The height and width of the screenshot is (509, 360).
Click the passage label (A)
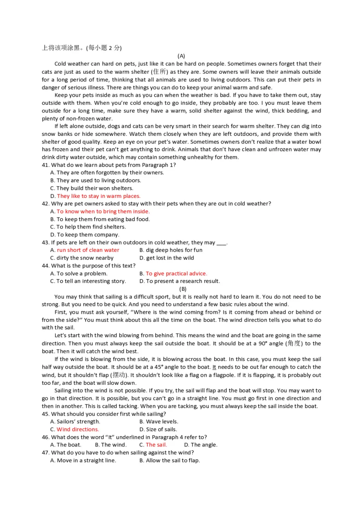181,56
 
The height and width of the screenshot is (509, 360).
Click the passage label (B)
183,289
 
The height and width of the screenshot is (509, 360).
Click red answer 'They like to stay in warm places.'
99,196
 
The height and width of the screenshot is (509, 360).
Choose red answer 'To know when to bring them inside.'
103,211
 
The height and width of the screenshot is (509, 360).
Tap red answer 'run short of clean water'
88,250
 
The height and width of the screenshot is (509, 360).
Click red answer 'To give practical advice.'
176,273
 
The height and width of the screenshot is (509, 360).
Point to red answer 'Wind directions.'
77,429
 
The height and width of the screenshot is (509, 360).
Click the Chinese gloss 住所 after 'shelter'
160,72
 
